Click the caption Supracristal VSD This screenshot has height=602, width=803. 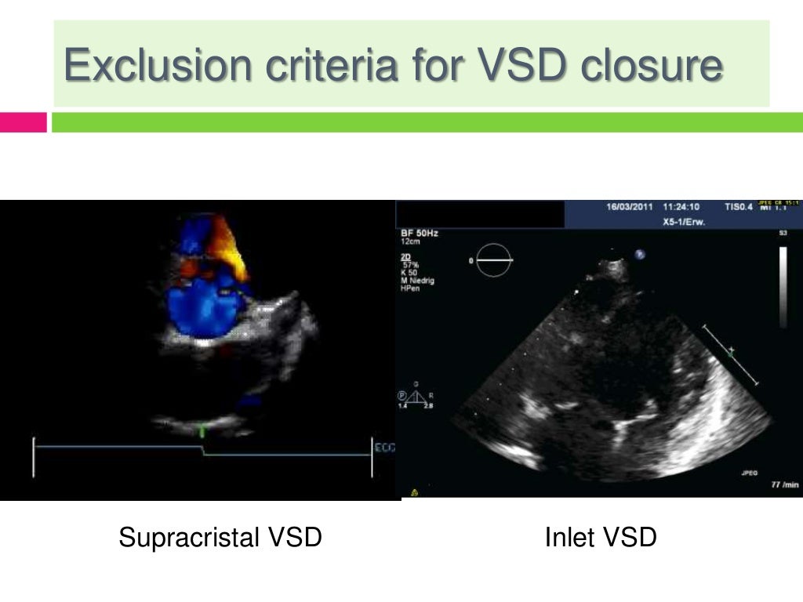click(220, 538)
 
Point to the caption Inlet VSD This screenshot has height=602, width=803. click(601, 538)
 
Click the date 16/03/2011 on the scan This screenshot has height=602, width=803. click(630, 208)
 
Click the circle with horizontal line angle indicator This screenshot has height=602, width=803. click(494, 259)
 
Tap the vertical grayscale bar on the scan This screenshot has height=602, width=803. click(783, 287)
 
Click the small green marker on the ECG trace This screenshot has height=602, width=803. click(202, 430)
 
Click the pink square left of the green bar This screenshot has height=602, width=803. click(24, 122)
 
